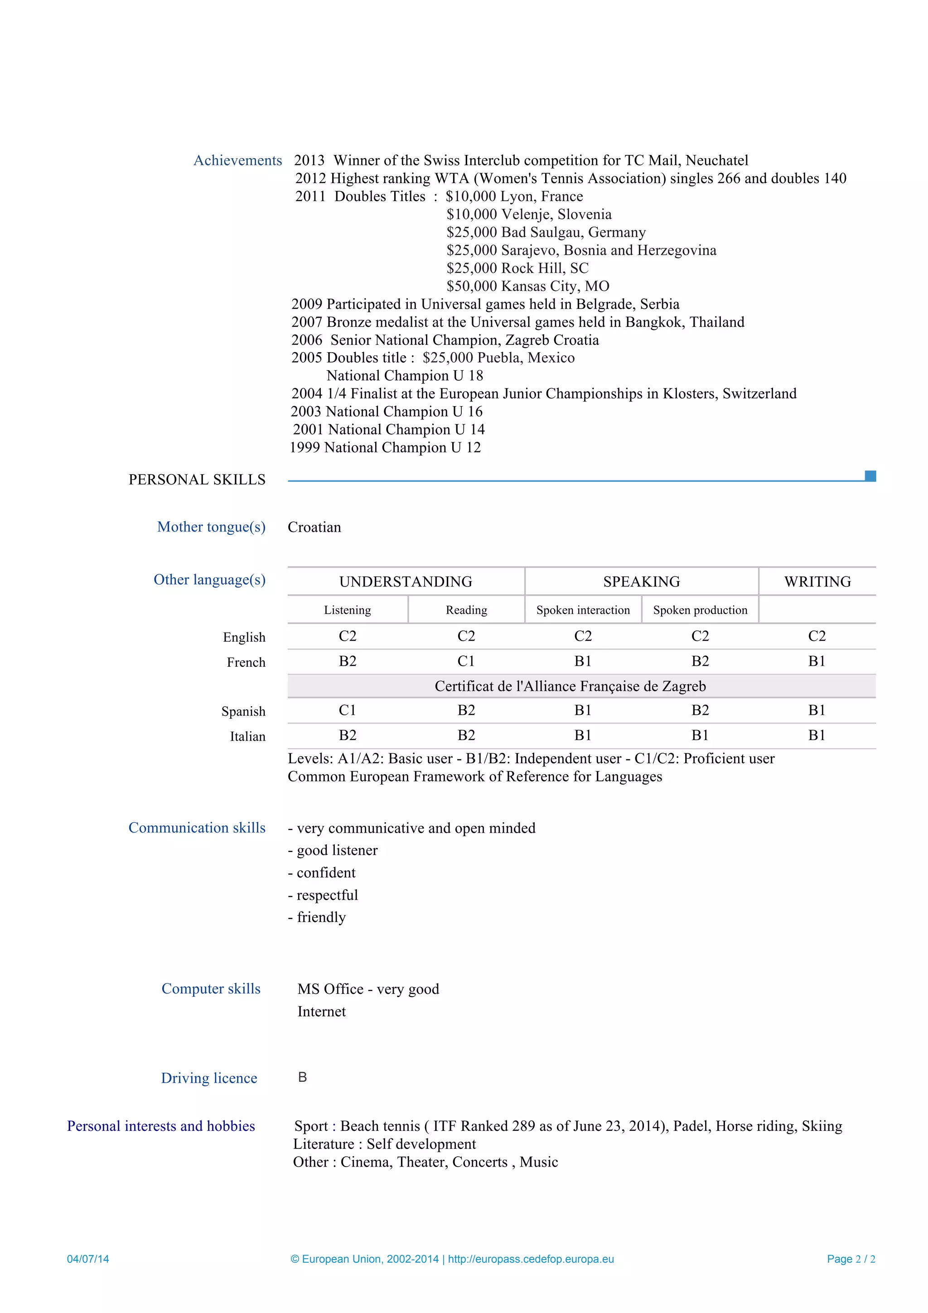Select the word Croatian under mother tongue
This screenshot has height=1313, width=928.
314,527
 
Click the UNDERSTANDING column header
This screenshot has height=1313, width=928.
406,581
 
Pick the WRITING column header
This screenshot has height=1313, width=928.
817,581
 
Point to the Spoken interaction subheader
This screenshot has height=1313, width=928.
583,610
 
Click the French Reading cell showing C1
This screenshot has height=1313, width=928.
466,661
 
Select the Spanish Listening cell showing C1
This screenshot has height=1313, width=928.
347,710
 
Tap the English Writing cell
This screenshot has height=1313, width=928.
817,636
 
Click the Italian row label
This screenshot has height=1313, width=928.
247,736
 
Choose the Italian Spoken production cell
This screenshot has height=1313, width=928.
700,736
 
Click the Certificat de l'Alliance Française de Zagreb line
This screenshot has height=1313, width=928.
570,686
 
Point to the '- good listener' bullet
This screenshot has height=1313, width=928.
333,850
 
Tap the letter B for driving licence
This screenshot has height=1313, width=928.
303,1077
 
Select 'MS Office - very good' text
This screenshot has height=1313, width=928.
368,989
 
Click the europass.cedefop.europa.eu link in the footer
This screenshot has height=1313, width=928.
531,1259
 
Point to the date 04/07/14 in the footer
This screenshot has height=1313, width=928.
87,1259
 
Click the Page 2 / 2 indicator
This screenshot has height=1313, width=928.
851,1259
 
